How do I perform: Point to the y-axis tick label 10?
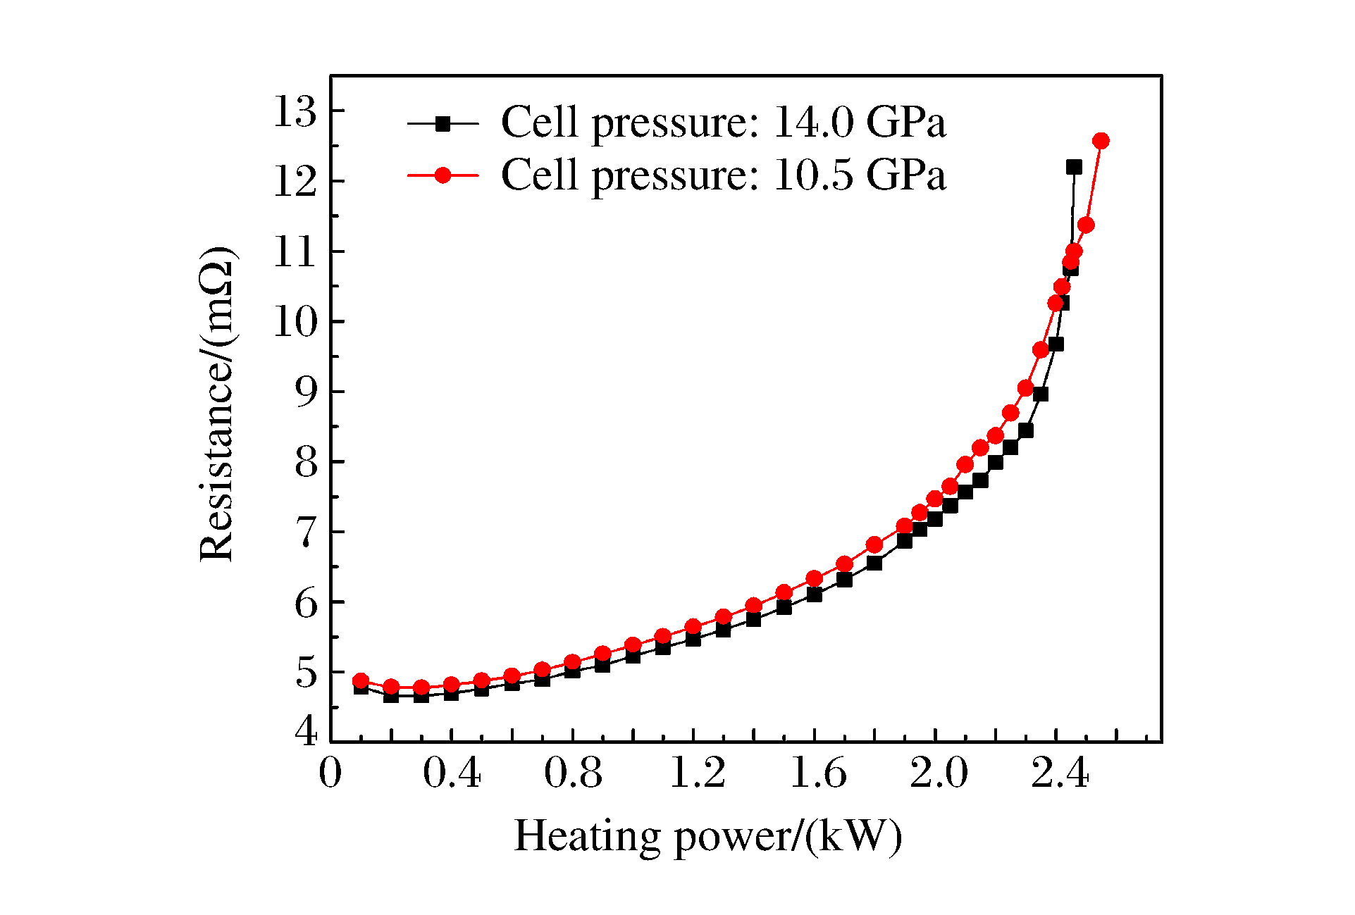point(296,323)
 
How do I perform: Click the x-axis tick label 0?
point(330,773)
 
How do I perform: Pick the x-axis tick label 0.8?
point(573,773)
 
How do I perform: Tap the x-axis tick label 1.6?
point(817,773)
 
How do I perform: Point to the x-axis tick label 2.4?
point(1060,773)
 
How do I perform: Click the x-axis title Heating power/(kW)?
point(707,837)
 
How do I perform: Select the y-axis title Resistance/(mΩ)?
point(217,404)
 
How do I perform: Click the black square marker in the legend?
point(443,124)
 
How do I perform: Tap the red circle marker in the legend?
point(443,175)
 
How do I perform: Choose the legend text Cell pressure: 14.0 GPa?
point(723,123)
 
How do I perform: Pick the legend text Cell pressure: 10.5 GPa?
point(723,175)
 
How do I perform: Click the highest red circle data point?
point(1101,141)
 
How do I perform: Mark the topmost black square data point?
point(1074,167)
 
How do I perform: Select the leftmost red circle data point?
point(361,680)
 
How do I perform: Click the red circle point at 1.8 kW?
point(874,544)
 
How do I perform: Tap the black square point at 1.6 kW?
point(815,595)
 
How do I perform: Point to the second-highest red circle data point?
point(1086,225)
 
